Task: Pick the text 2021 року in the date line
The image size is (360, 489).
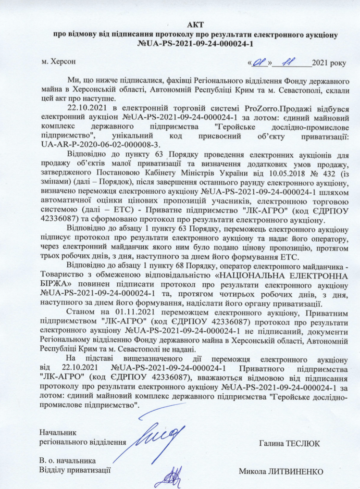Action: point(329,62)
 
